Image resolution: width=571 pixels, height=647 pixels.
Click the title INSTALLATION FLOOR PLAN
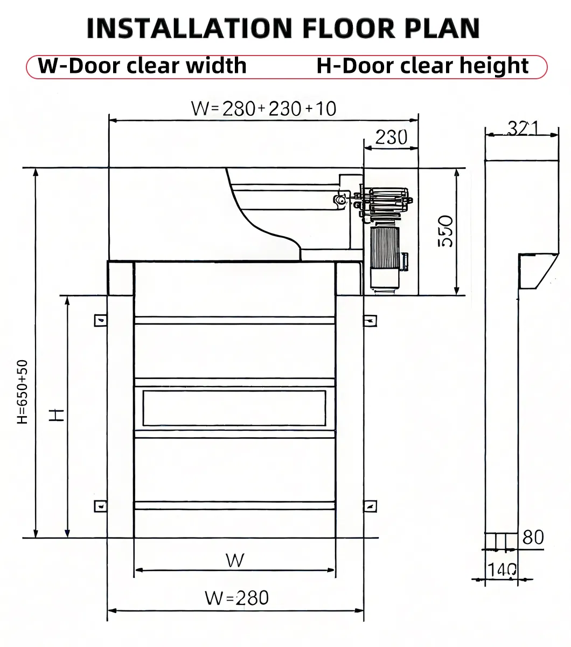[x=283, y=28]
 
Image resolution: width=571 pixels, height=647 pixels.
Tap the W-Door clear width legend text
[x=142, y=66]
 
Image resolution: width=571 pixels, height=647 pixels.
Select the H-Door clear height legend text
[x=422, y=66]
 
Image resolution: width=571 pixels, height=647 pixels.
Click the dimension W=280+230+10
[x=263, y=108]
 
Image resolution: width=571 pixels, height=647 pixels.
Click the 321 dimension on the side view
[x=523, y=128]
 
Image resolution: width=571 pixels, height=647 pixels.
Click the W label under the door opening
[x=235, y=560]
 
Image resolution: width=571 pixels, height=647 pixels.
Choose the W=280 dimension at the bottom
[x=236, y=597]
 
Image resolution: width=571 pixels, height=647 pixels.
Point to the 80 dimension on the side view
[x=533, y=537]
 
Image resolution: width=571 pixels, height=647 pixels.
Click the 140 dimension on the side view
[x=502, y=569]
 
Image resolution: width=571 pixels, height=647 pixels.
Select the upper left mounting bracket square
[x=100, y=320]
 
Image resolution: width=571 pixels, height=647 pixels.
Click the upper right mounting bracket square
[x=371, y=320]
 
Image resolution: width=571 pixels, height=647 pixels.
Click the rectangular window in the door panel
[x=234, y=407]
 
